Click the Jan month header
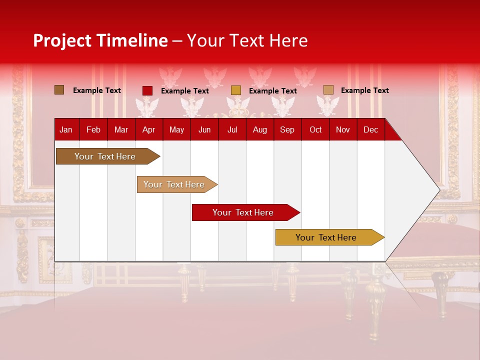[66, 129]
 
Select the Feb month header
[93, 129]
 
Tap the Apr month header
[148, 129]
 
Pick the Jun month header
[204, 129]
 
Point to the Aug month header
[259, 129]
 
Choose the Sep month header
[287, 129]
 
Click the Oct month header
[315, 129]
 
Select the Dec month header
[370, 129]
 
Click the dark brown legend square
[59, 90]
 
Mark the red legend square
[147, 90]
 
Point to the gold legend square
[236, 90]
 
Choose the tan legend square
[328, 90]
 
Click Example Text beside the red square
[184, 91]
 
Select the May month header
[176, 129]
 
